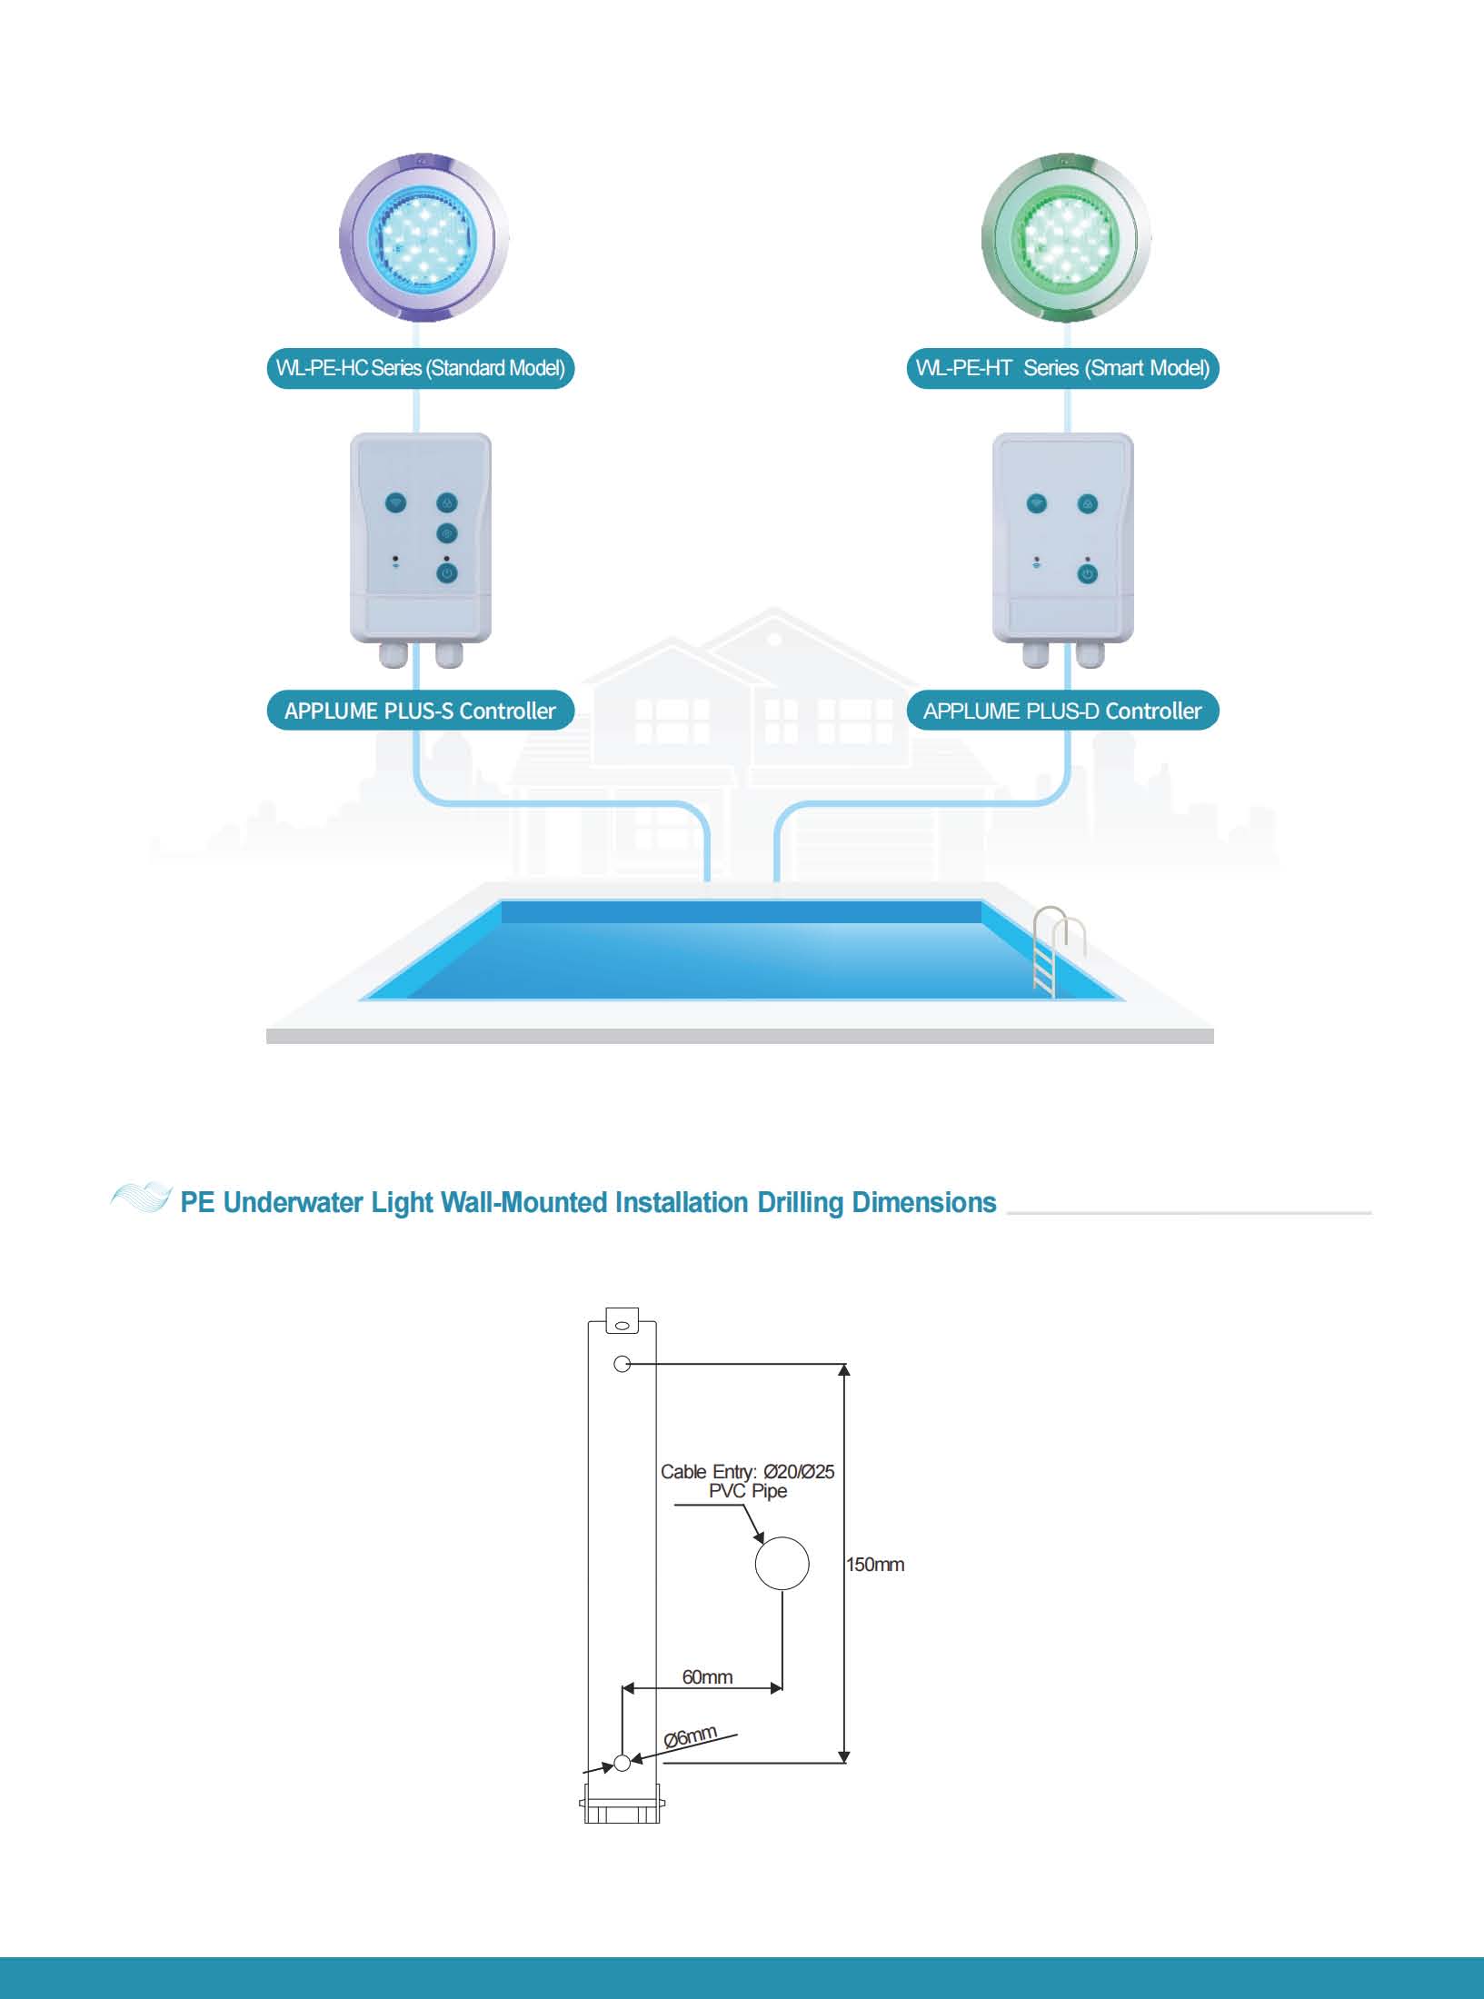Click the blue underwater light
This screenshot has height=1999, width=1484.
pyautogui.click(x=423, y=238)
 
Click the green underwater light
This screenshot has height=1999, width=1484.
pyautogui.click(x=1066, y=238)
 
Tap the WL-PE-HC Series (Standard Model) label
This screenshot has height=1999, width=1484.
pyautogui.click(x=421, y=368)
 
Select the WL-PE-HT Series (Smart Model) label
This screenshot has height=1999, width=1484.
pyautogui.click(x=1062, y=368)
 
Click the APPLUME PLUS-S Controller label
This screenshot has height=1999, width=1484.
pyautogui.click(x=421, y=711)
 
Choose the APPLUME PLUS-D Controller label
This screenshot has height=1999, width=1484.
pyautogui.click(x=1062, y=711)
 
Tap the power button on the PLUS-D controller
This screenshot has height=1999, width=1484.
pyautogui.click(x=1087, y=574)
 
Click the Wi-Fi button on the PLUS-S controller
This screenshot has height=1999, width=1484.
pyautogui.click(x=396, y=502)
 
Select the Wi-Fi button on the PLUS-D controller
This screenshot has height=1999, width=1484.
pyautogui.click(x=1037, y=503)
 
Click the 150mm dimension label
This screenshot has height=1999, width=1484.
pyautogui.click(x=875, y=1565)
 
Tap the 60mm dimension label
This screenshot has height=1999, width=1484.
pyautogui.click(x=707, y=1676)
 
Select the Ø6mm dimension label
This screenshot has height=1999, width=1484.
pyautogui.click(x=691, y=1737)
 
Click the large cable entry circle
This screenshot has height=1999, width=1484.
pyautogui.click(x=782, y=1563)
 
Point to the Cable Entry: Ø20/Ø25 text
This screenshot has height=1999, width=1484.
pyautogui.click(x=747, y=1471)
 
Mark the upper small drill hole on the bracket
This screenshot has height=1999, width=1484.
pyautogui.click(x=622, y=1364)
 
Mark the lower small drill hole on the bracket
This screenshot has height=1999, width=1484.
pyautogui.click(x=622, y=1763)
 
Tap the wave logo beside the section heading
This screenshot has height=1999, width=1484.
pyautogui.click(x=141, y=1198)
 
